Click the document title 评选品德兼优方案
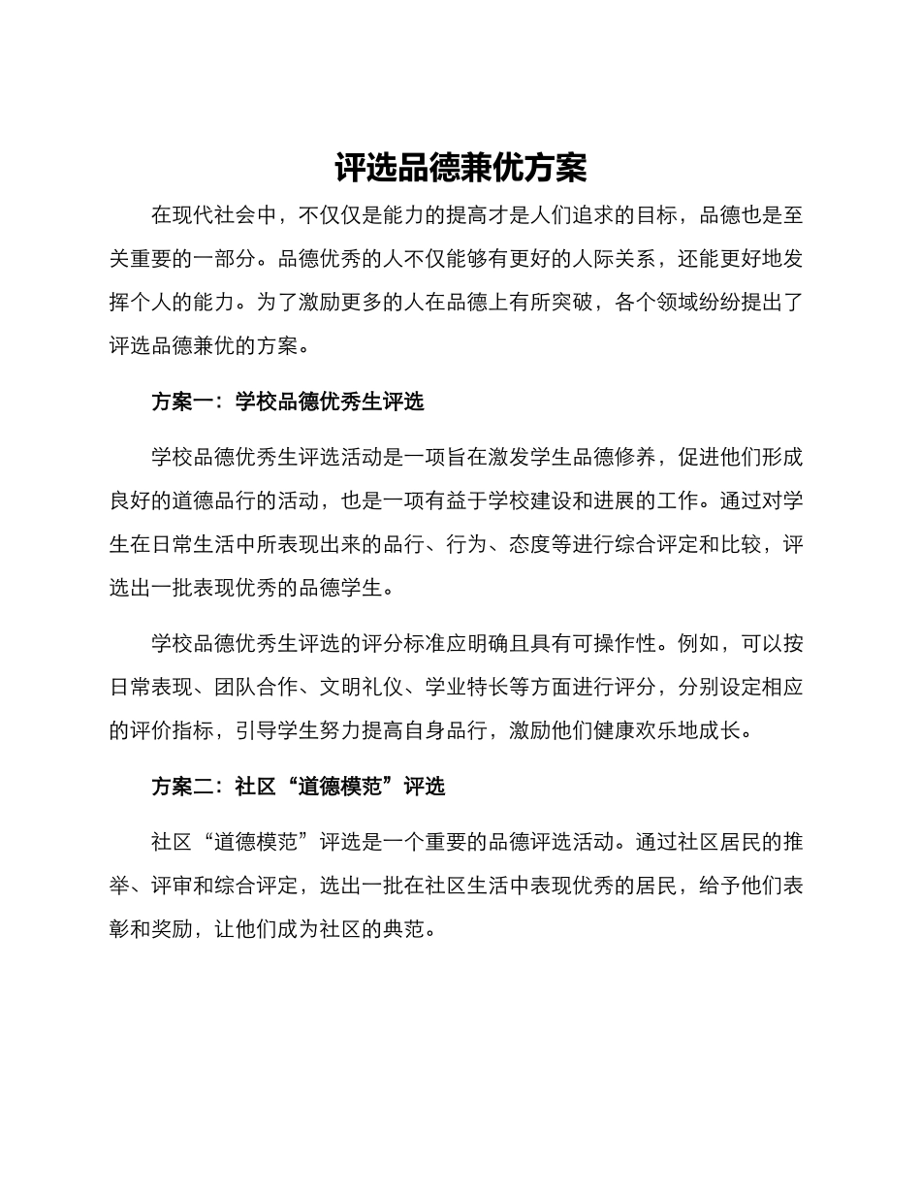460,168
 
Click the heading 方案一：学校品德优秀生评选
288,402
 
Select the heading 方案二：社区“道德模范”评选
298,787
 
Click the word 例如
698,643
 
